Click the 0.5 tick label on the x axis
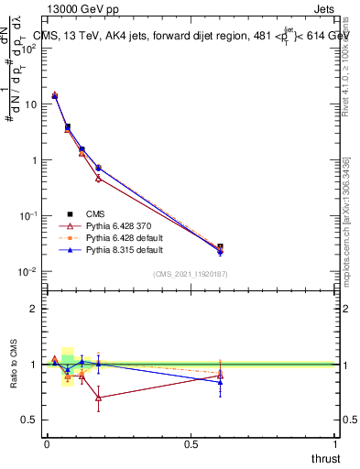point(191,444)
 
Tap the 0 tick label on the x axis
point(47,444)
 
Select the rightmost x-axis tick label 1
point(335,444)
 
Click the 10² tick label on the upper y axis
point(29,48)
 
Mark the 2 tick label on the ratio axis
point(34,309)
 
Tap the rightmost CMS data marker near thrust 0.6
point(220,247)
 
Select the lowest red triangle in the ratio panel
point(98,398)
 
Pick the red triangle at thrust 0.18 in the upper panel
point(98,179)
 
